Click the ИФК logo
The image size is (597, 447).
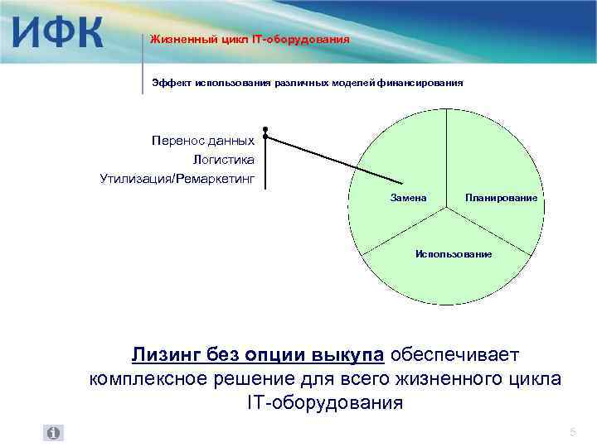pos(57,34)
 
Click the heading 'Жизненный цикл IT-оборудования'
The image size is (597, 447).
pos(250,39)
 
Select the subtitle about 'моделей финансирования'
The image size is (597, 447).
pos(307,83)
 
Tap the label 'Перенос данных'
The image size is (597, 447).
pos(203,141)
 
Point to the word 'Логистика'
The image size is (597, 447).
pos(223,159)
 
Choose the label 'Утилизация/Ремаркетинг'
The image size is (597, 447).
pos(177,177)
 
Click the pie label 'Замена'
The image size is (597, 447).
pos(408,198)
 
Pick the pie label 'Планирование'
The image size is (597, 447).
pos(501,198)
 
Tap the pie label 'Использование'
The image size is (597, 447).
pos(453,253)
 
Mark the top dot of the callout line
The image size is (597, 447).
pos(265,129)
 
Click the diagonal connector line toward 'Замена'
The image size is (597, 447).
pos(332,160)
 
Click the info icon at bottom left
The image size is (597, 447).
pos(53,433)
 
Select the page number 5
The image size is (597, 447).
pos(572,433)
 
